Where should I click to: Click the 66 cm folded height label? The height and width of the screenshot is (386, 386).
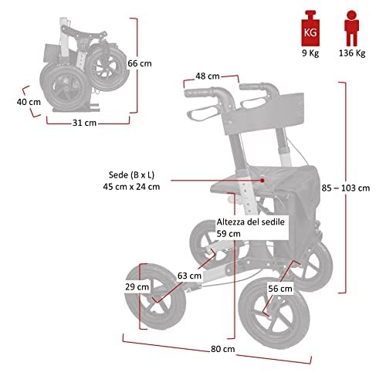(140, 63)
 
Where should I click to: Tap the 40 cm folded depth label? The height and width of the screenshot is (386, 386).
(29, 102)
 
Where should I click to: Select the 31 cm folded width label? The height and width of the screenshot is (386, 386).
(84, 123)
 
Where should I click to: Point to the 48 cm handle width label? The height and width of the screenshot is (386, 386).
(208, 76)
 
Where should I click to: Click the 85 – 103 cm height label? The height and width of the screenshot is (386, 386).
(346, 188)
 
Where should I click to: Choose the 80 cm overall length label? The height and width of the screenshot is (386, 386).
(223, 349)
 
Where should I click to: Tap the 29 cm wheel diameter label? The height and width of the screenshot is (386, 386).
(137, 286)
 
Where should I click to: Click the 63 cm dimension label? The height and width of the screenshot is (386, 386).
(189, 276)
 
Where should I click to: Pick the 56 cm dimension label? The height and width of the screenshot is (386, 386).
(280, 289)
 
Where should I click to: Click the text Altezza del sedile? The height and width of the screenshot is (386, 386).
(251, 222)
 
